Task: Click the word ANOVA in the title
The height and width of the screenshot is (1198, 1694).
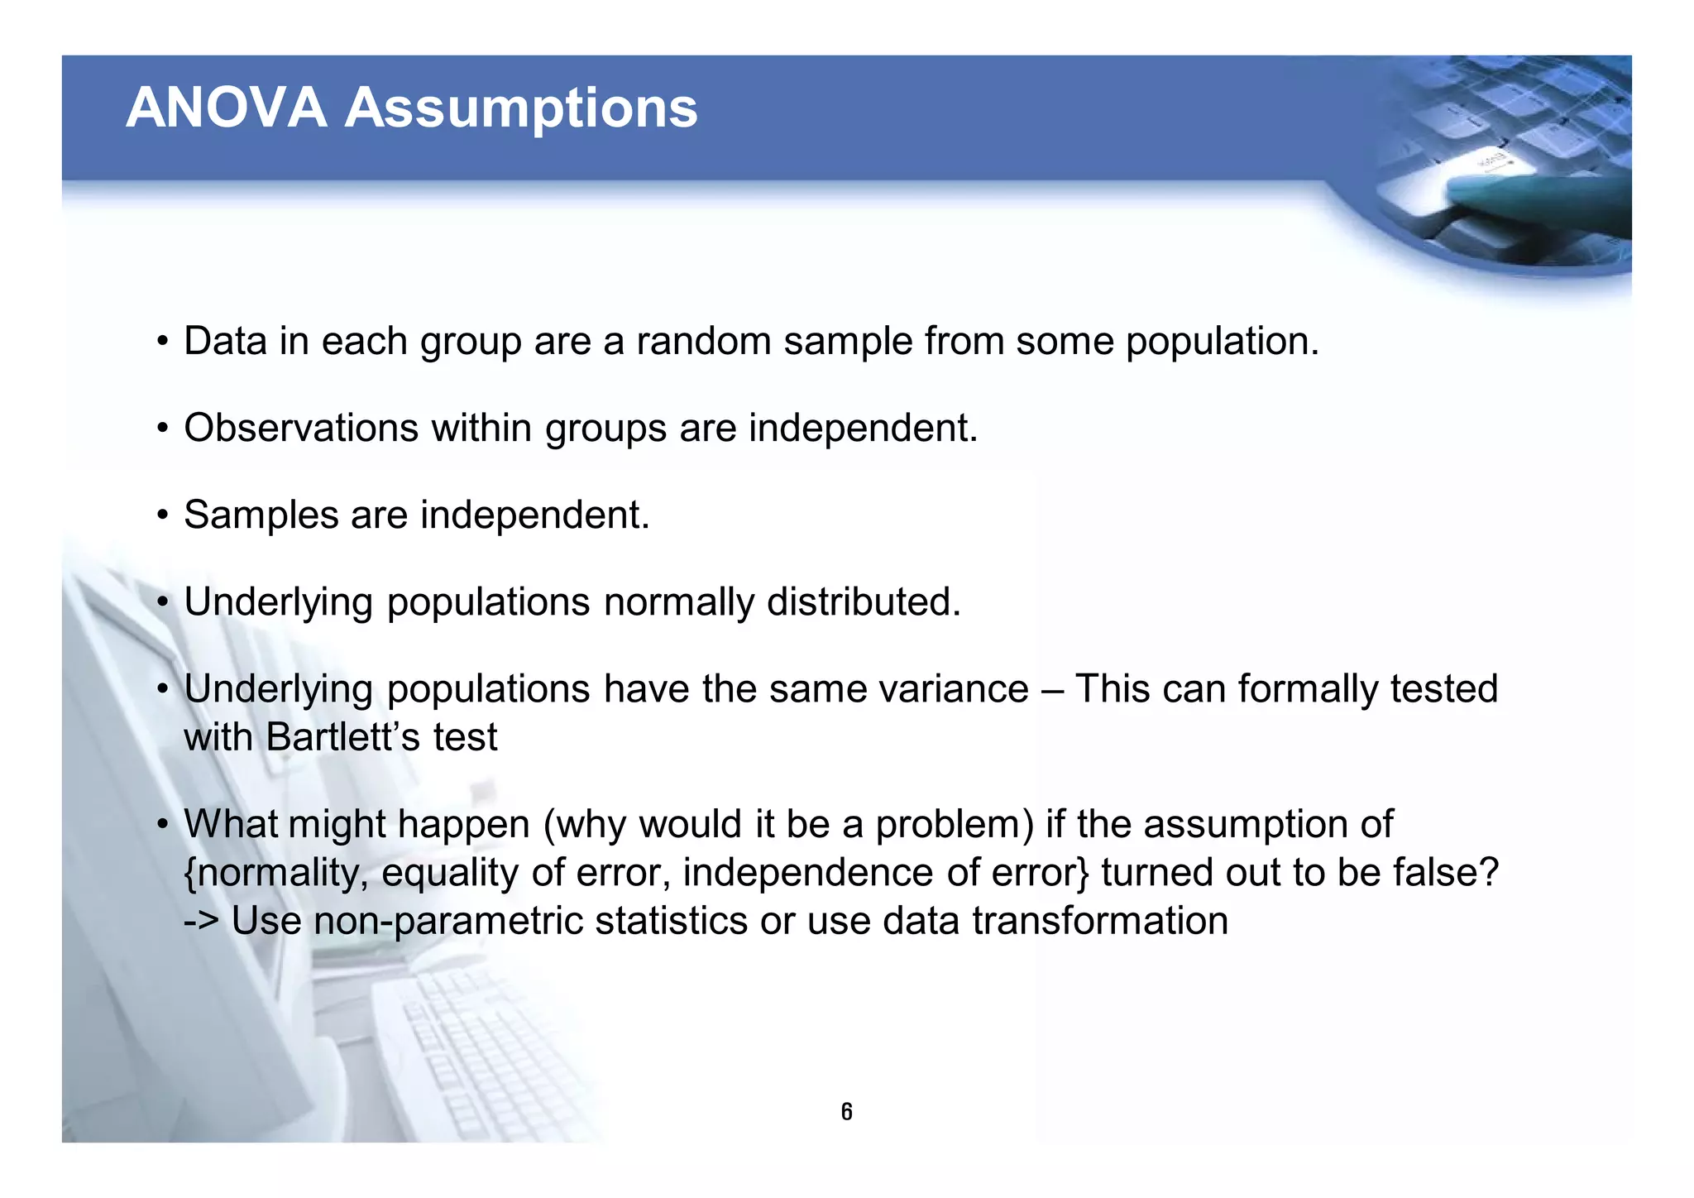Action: coord(226,108)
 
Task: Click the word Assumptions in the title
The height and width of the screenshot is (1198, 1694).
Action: coord(521,108)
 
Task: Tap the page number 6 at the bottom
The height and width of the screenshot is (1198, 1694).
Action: coord(846,1112)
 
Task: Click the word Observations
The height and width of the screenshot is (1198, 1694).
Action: coord(301,428)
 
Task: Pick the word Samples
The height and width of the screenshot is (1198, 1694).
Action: coord(261,515)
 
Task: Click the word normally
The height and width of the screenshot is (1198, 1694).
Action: coord(678,602)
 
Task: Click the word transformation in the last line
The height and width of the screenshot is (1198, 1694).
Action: coord(1100,921)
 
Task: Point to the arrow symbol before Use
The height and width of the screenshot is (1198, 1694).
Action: coord(201,921)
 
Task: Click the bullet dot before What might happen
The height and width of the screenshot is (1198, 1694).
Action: coord(163,825)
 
